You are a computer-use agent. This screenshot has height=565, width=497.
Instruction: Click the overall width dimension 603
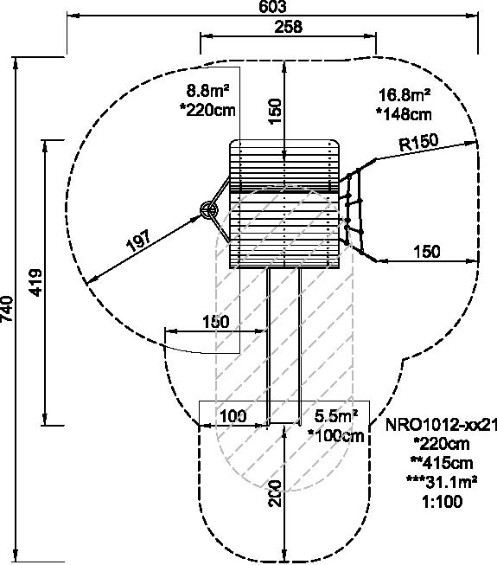point(272,6)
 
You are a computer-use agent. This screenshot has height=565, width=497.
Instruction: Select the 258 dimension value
point(289,27)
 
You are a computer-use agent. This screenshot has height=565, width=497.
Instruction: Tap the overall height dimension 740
point(7,310)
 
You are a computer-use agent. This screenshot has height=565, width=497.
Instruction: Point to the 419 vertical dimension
point(35,282)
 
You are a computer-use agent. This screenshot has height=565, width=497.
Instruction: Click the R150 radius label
point(419,142)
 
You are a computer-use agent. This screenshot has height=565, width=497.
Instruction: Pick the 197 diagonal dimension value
point(138,241)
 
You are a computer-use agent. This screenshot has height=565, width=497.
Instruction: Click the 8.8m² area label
point(207,90)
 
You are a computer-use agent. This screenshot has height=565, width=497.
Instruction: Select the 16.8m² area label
point(405,95)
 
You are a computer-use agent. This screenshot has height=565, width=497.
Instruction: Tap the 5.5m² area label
point(336,416)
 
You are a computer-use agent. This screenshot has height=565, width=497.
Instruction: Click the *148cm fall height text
point(404,114)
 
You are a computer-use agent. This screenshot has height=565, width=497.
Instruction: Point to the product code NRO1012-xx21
point(441,425)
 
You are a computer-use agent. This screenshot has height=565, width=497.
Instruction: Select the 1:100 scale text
point(443,501)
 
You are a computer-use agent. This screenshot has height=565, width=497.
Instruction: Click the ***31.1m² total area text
point(442,482)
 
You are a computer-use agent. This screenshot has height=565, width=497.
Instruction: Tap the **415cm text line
point(442,463)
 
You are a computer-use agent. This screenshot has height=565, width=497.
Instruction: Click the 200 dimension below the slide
point(276,493)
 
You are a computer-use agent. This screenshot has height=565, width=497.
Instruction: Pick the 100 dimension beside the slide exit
point(233,416)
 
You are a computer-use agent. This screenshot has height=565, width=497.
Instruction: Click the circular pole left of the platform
point(208,209)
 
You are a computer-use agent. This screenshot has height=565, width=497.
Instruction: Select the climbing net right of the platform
point(353,211)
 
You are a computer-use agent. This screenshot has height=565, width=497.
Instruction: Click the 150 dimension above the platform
point(276,112)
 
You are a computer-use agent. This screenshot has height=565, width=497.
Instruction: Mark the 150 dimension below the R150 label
point(426,252)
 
